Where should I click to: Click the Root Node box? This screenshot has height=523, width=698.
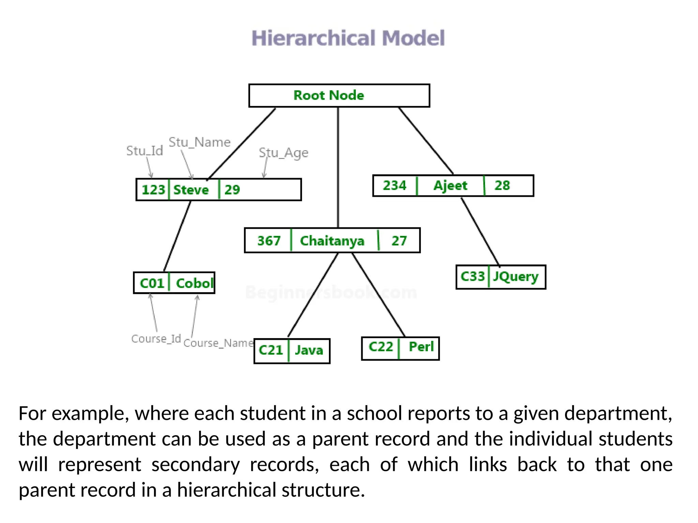tap(339, 96)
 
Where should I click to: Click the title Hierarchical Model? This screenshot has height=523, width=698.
tap(348, 38)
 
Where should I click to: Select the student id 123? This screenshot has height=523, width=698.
tap(153, 190)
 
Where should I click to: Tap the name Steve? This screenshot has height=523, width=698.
tap(191, 190)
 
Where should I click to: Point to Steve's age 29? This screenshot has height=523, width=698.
tap(232, 190)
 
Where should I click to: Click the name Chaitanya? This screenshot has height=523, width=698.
tap(332, 241)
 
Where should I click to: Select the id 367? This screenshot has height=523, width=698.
tap(269, 241)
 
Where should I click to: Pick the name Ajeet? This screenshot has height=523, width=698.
tap(450, 186)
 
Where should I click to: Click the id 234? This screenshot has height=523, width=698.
tap(395, 186)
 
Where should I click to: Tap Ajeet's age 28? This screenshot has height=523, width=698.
tap(502, 186)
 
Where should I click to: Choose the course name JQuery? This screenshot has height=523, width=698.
tap(516, 276)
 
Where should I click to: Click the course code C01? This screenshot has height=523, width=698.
tap(152, 283)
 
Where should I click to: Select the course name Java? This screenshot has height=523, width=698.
tap(309, 350)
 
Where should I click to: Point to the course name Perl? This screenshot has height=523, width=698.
tap(421, 347)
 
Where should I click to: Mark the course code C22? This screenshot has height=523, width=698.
tap(381, 347)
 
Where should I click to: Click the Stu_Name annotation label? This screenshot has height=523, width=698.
tap(199, 142)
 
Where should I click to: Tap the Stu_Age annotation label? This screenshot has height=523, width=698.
tap(283, 153)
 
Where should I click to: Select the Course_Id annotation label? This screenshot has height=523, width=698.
tap(156, 339)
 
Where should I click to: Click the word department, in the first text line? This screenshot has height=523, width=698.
tap(618, 414)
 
